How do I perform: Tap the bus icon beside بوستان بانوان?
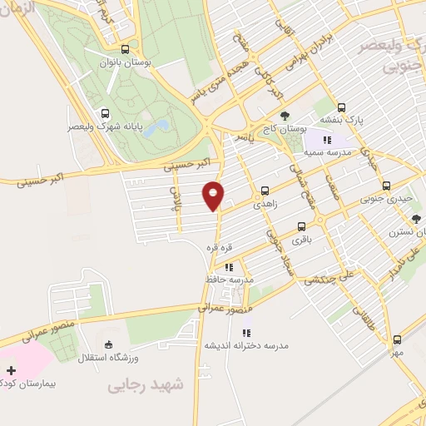point(125,49)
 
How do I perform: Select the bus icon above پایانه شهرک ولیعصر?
point(105,114)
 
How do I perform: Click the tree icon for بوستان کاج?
point(285,116)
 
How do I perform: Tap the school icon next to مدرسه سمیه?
point(327,140)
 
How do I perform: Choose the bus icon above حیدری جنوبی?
point(385,186)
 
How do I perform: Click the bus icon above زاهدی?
point(265,189)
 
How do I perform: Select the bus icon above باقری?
point(300,225)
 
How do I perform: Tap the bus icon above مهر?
point(397,339)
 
